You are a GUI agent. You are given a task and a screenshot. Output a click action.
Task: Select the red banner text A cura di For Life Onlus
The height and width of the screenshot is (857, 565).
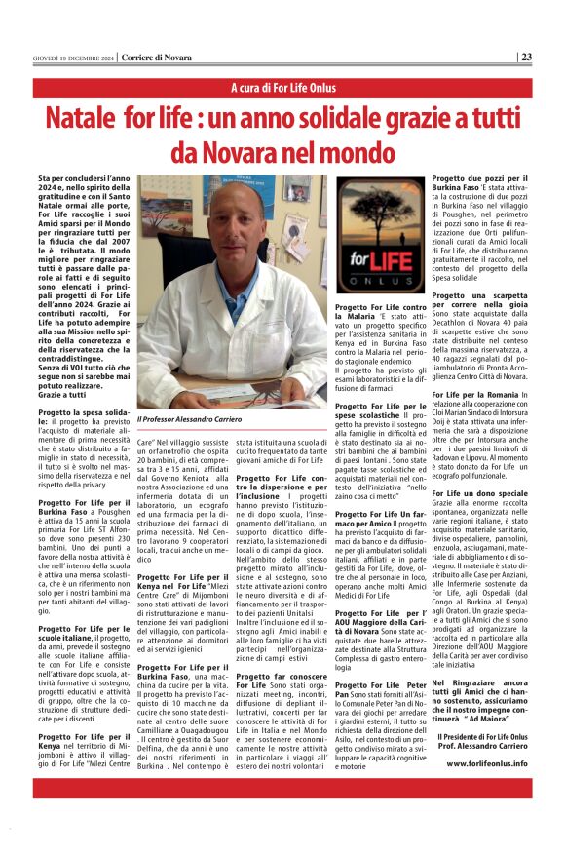coord(282,89)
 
